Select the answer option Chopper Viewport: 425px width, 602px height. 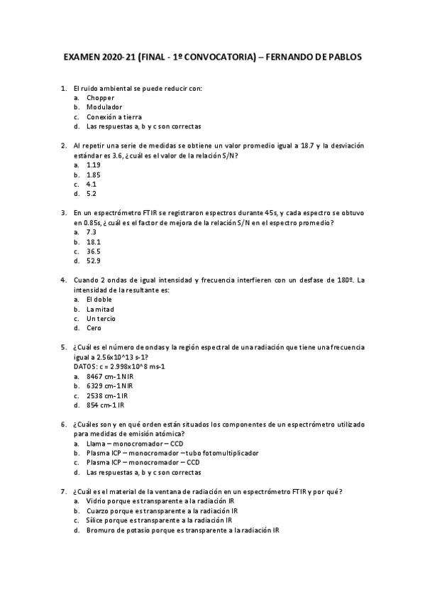[100, 98]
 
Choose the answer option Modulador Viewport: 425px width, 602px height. [104, 107]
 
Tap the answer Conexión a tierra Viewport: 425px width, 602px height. [114, 117]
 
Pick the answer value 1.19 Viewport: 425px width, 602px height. [93, 165]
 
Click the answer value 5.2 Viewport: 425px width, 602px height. [92, 193]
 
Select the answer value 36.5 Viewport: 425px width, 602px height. [93, 251]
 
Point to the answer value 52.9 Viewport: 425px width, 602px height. [93, 261]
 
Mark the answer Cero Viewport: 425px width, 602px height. [94, 328]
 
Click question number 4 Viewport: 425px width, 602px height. [65, 280]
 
